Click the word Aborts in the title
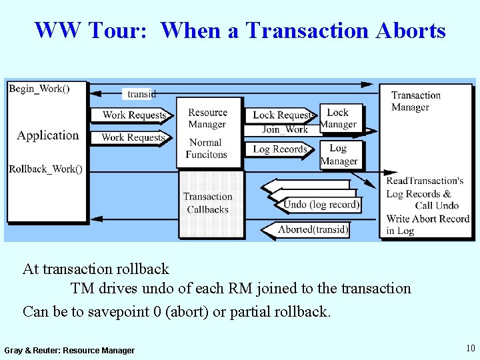(411, 31)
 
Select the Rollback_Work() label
(46, 169)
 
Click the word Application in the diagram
(48, 135)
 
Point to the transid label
(141, 94)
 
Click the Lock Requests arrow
(282, 115)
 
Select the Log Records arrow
(281, 149)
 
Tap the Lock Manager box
(338, 118)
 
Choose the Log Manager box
(339, 154)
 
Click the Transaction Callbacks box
(207, 203)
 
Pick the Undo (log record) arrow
(320, 204)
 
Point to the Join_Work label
(285, 129)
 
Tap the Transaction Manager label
(416, 101)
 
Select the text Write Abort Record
(428, 219)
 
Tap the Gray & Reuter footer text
(69, 351)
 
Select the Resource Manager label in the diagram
(207, 119)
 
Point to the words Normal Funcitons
(207, 148)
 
